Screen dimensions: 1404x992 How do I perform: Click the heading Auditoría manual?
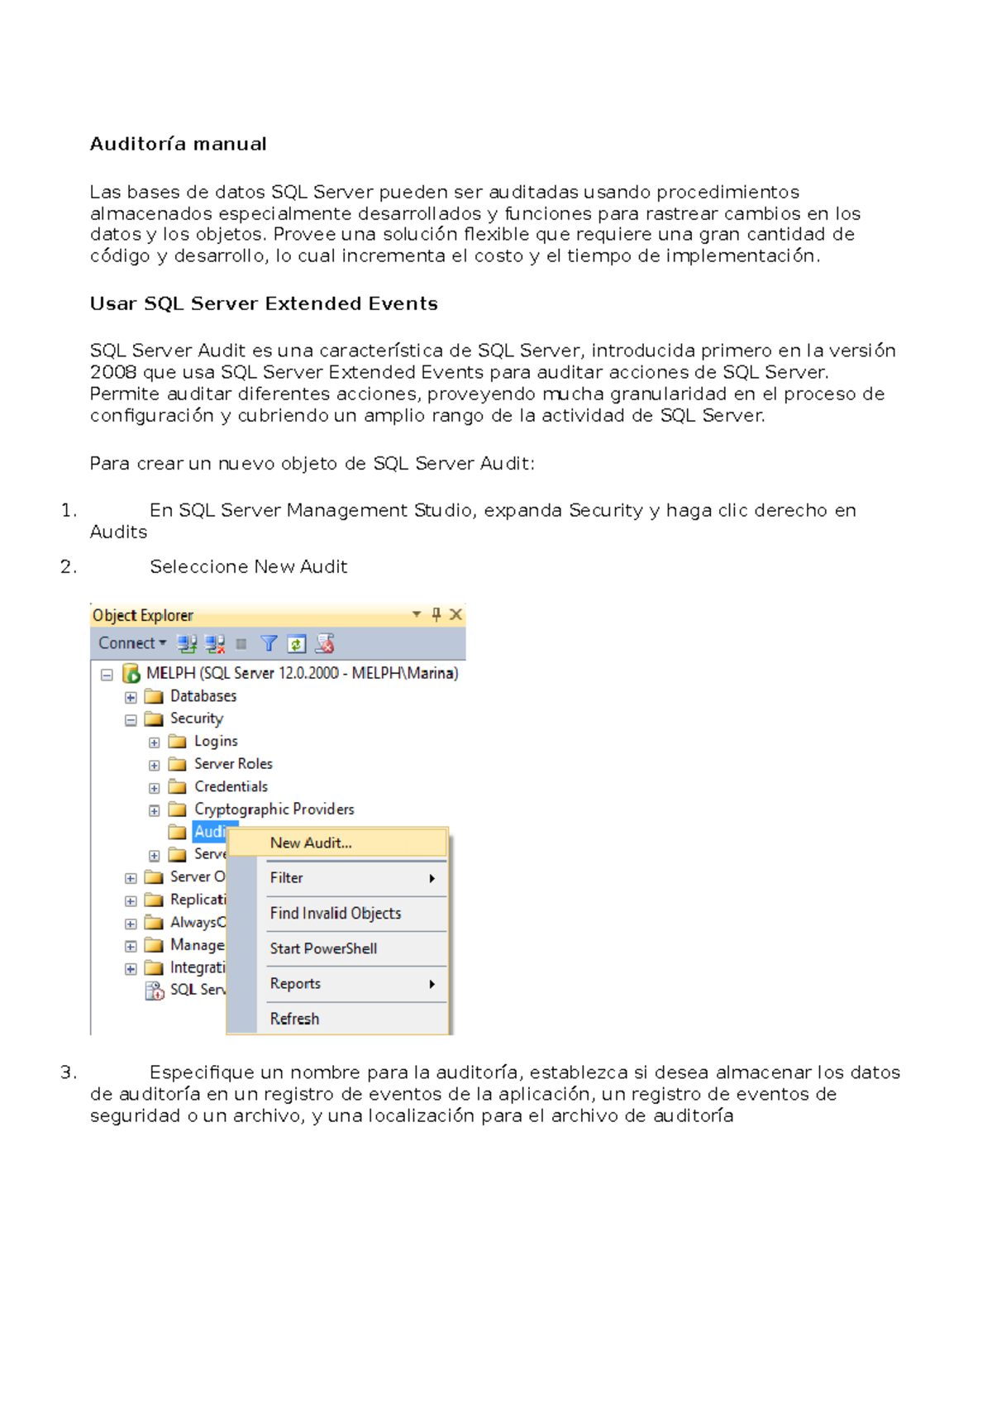pyautogui.click(x=178, y=144)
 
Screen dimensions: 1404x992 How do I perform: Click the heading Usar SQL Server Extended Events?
pyautogui.click(x=264, y=303)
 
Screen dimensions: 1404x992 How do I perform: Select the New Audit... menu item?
pyautogui.click(x=311, y=843)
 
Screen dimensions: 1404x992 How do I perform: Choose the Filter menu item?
pyautogui.click(x=287, y=878)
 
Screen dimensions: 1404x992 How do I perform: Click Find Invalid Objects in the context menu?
pyautogui.click(x=336, y=914)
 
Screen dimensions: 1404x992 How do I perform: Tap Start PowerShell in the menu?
pyautogui.click(x=323, y=948)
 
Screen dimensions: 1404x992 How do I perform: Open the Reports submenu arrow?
pyautogui.click(x=432, y=984)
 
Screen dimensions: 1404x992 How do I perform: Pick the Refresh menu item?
pyautogui.click(x=294, y=1019)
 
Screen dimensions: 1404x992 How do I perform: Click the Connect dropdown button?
pyautogui.click(x=132, y=643)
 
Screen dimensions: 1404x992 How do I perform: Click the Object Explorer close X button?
pyautogui.click(x=455, y=614)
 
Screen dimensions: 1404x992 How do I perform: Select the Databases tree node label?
pyautogui.click(x=203, y=696)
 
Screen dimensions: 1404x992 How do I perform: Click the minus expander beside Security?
pyautogui.click(x=131, y=719)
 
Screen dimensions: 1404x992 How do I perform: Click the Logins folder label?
pyautogui.click(x=216, y=742)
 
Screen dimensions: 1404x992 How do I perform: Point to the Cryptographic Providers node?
pyautogui.click(x=274, y=809)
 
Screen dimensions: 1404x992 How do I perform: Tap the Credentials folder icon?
pyautogui.click(x=177, y=786)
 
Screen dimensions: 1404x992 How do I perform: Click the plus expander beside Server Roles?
pyautogui.click(x=155, y=765)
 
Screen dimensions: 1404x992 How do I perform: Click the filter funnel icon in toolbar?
pyautogui.click(x=269, y=643)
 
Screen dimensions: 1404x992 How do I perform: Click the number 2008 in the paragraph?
pyautogui.click(x=112, y=372)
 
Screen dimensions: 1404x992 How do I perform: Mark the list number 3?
pyautogui.click(x=68, y=1072)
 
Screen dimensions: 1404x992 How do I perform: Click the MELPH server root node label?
pyautogui.click(x=302, y=673)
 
